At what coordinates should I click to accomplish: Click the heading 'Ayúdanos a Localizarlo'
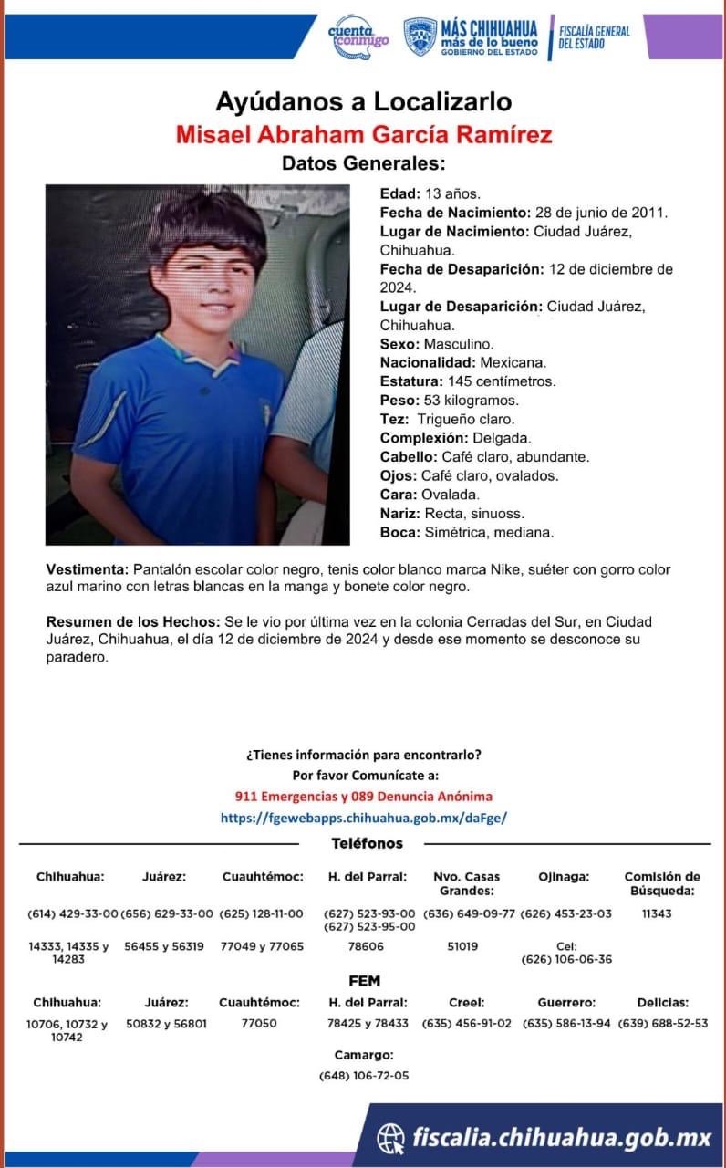point(363,101)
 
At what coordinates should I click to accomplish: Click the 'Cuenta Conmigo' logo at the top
point(358,37)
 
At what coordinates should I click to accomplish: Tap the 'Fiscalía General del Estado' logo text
point(594,37)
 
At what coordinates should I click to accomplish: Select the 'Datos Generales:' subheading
point(363,164)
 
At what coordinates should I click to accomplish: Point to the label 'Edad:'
point(399,193)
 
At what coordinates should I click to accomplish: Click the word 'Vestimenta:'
point(88,569)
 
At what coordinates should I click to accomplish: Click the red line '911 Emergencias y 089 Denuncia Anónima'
point(363,796)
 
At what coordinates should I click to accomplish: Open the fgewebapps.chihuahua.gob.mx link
point(363,819)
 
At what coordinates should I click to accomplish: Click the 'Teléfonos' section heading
point(367,844)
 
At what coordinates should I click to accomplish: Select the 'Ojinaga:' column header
point(564,877)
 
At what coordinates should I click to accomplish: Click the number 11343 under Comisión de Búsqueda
point(657,913)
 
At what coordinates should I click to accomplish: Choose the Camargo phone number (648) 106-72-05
point(364,1076)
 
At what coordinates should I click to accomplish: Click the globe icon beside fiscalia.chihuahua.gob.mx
point(391,1137)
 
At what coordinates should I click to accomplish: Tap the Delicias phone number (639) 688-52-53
point(663,1024)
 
